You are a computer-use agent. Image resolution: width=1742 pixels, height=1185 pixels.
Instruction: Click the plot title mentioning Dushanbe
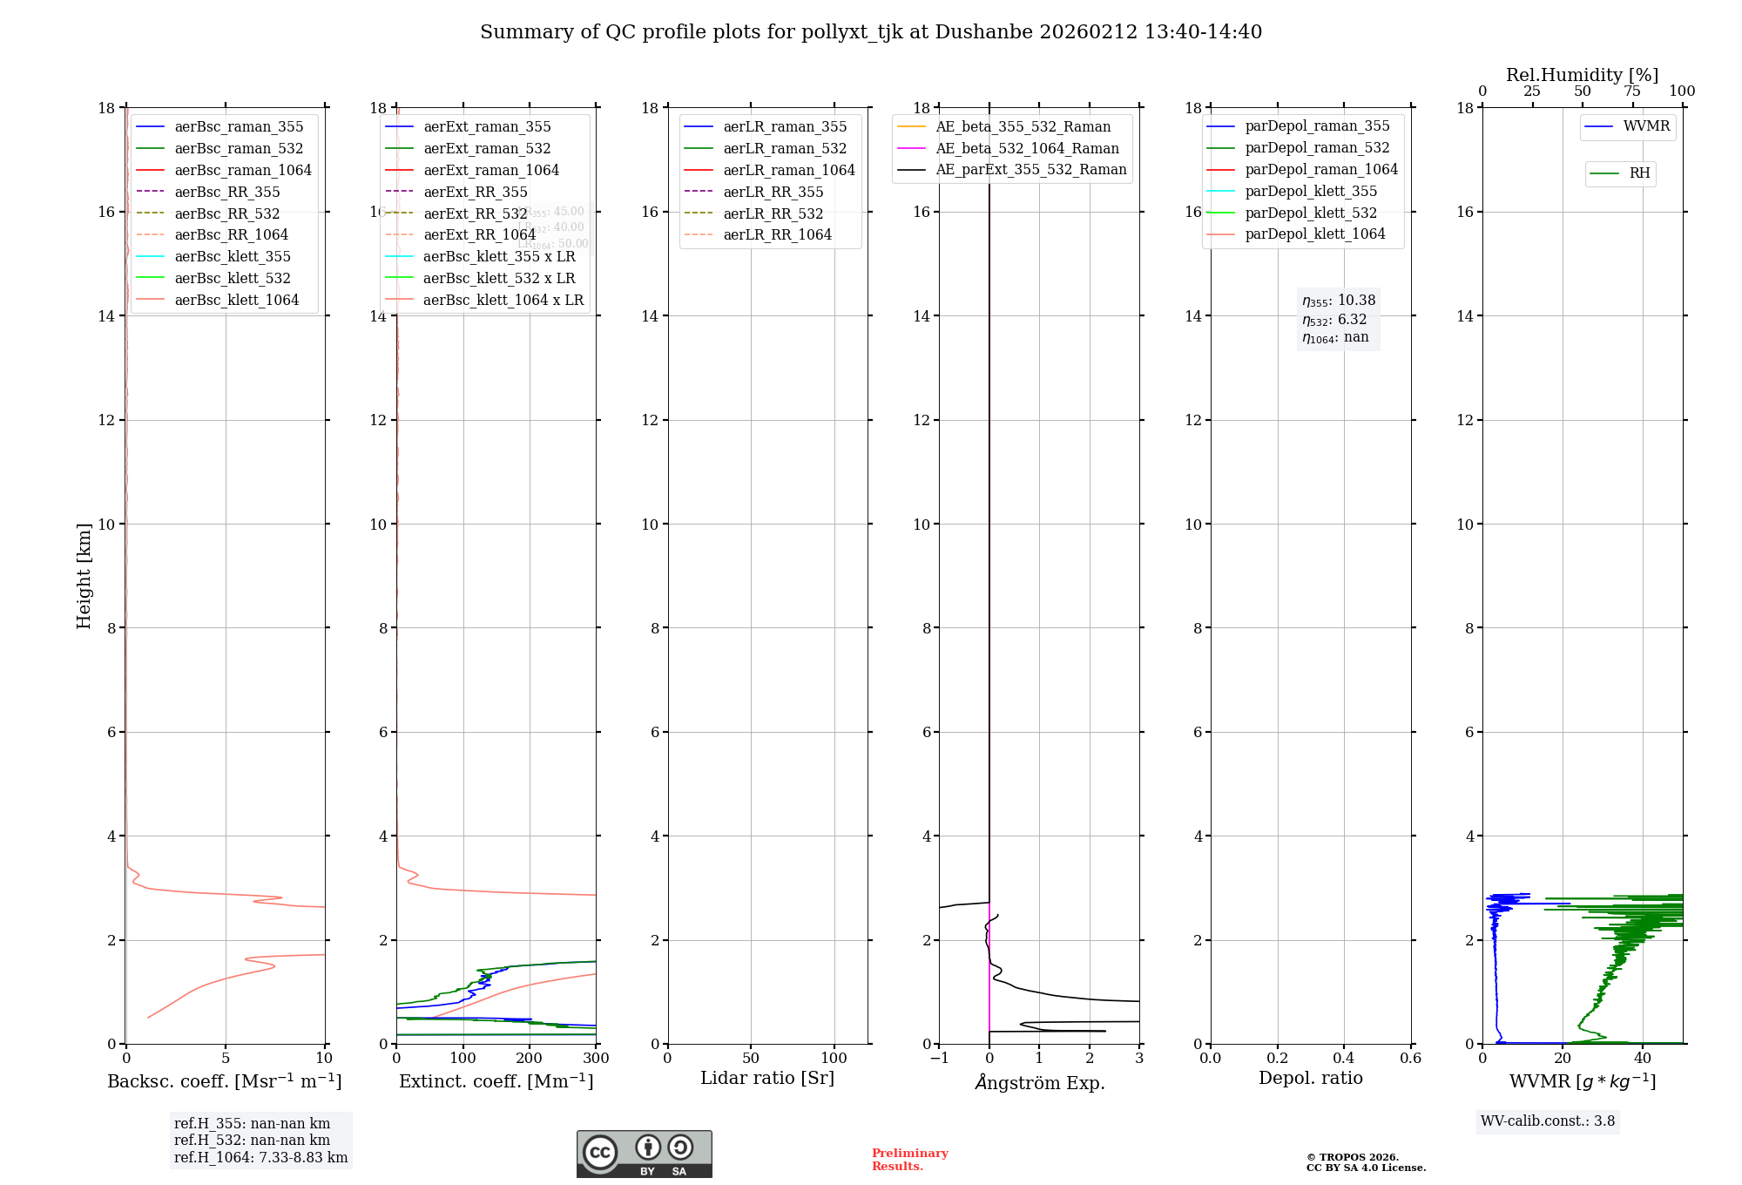[870, 32]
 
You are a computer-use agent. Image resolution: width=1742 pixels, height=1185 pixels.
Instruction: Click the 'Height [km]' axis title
[84, 575]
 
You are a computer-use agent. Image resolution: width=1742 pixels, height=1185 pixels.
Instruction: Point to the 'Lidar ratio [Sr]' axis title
[767, 1079]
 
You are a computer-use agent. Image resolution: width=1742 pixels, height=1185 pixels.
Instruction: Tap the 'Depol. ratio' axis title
[1310, 1079]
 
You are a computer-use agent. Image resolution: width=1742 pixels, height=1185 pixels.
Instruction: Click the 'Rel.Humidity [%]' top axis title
[1582, 75]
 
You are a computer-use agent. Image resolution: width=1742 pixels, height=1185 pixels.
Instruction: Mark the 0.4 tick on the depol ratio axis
[1344, 1059]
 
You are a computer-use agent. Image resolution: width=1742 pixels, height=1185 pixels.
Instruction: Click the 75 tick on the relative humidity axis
[1632, 91]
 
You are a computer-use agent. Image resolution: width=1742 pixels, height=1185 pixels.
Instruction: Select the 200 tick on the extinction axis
[530, 1059]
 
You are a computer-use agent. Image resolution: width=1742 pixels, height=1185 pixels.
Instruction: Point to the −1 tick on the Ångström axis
[938, 1059]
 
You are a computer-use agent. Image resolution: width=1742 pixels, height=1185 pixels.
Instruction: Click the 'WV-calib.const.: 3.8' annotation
[1548, 1121]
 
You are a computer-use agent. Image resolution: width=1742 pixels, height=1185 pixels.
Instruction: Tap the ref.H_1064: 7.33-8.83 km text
[260, 1158]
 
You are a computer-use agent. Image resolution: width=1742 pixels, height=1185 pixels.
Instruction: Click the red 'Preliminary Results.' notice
[909, 1160]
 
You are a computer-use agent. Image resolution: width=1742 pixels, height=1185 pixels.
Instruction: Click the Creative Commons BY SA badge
[644, 1155]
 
